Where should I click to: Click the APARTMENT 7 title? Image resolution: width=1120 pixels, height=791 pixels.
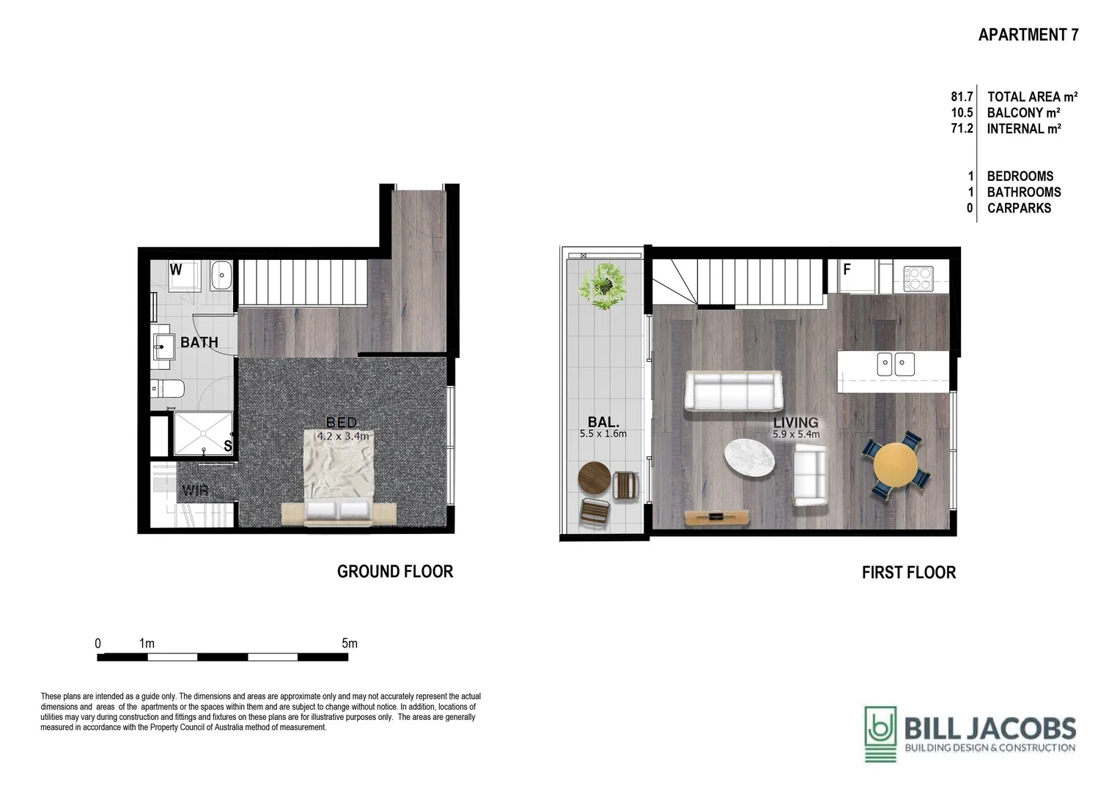click(x=1028, y=34)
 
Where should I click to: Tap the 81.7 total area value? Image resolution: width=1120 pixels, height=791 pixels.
click(x=962, y=97)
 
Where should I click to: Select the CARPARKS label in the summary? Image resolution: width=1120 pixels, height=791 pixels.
click(x=1019, y=208)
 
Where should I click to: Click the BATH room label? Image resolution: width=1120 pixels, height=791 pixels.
click(x=199, y=342)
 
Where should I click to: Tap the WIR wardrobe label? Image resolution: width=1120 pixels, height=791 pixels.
click(x=195, y=490)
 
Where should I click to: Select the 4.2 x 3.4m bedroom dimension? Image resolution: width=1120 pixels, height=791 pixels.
click(x=342, y=437)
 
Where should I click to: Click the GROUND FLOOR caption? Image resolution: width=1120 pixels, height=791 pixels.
click(x=394, y=571)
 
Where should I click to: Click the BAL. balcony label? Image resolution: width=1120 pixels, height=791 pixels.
click(x=603, y=422)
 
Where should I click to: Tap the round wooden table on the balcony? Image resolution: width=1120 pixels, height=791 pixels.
click(x=594, y=479)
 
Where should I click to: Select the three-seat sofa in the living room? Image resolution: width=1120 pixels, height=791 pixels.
click(x=733, y=391)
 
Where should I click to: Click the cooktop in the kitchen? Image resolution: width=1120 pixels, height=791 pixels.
click(x=918, y=278)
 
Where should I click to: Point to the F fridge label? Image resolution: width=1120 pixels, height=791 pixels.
click(x=847, y=270)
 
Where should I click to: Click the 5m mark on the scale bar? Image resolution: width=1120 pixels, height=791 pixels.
click(x=349, y=644)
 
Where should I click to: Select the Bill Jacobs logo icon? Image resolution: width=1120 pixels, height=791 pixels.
click(x=880, y=734)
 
